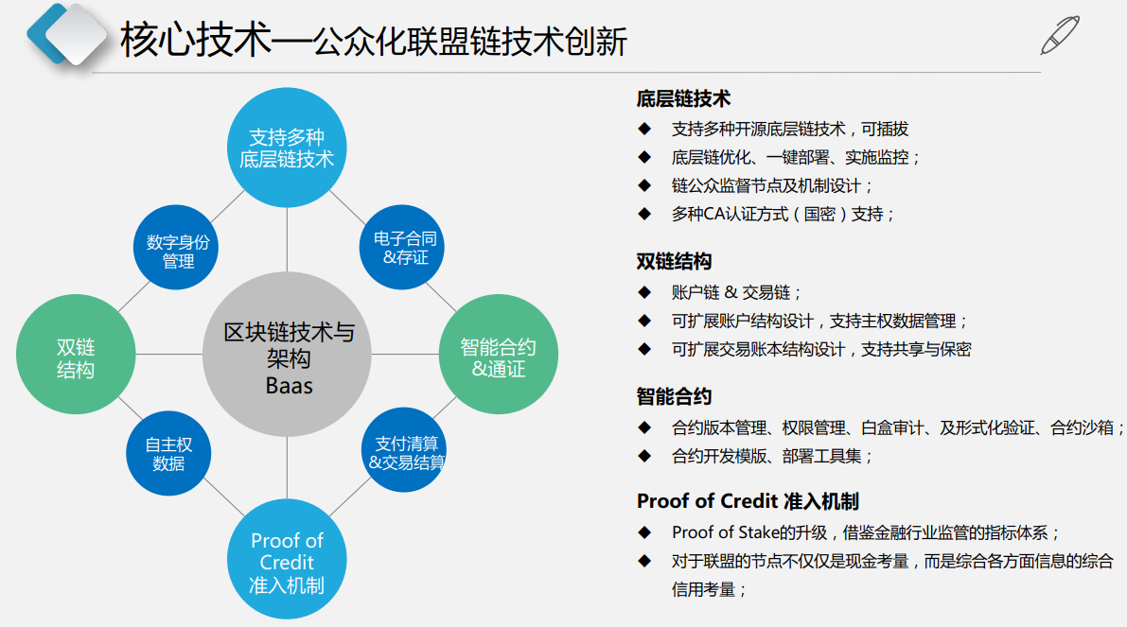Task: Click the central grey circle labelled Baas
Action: coord(287,354)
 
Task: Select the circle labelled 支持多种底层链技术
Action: coord(287,148)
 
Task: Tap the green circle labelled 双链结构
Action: coord(76,354)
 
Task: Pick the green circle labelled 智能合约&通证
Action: coord(498,354)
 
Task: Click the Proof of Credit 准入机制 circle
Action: coord(287,559)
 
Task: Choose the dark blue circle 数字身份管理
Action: coord(176,248)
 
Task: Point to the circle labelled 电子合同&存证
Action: coord(402,248)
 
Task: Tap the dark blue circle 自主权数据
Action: coord(168,453)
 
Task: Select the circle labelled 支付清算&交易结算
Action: coord(404,450)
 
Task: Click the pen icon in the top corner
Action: coord(1060,35)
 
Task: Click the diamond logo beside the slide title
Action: coord(67,34)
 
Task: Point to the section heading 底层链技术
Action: coord(683,98)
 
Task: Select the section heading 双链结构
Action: coord(674,261)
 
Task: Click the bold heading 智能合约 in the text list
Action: coord(674,396)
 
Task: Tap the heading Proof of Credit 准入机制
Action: coord(748,501)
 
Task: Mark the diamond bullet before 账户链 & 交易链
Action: coord(644,292)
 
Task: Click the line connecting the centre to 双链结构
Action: coord(169,354)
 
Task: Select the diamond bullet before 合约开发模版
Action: coord(644,456)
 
